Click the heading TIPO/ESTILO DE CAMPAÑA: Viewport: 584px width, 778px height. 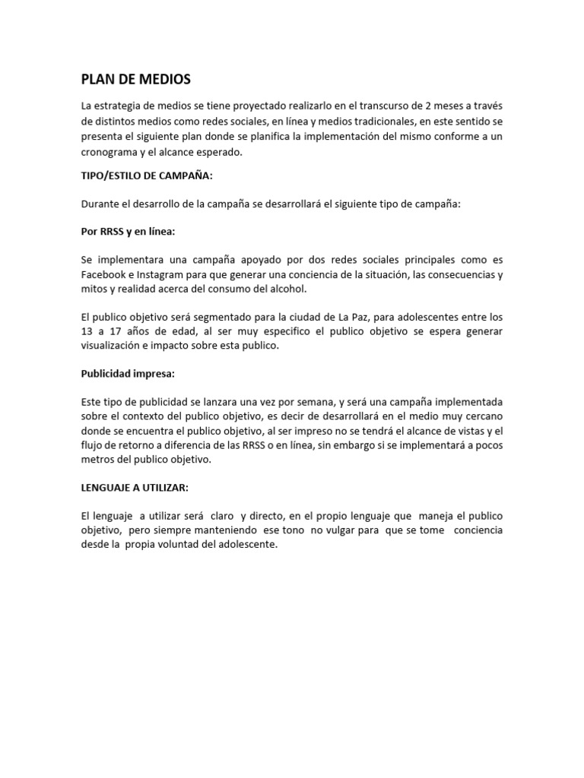(x=146, y=175)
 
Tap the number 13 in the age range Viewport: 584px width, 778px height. (x=88, y=331)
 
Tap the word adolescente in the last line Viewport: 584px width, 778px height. (x=247, y=544)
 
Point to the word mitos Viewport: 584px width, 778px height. (x=94, y=289)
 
